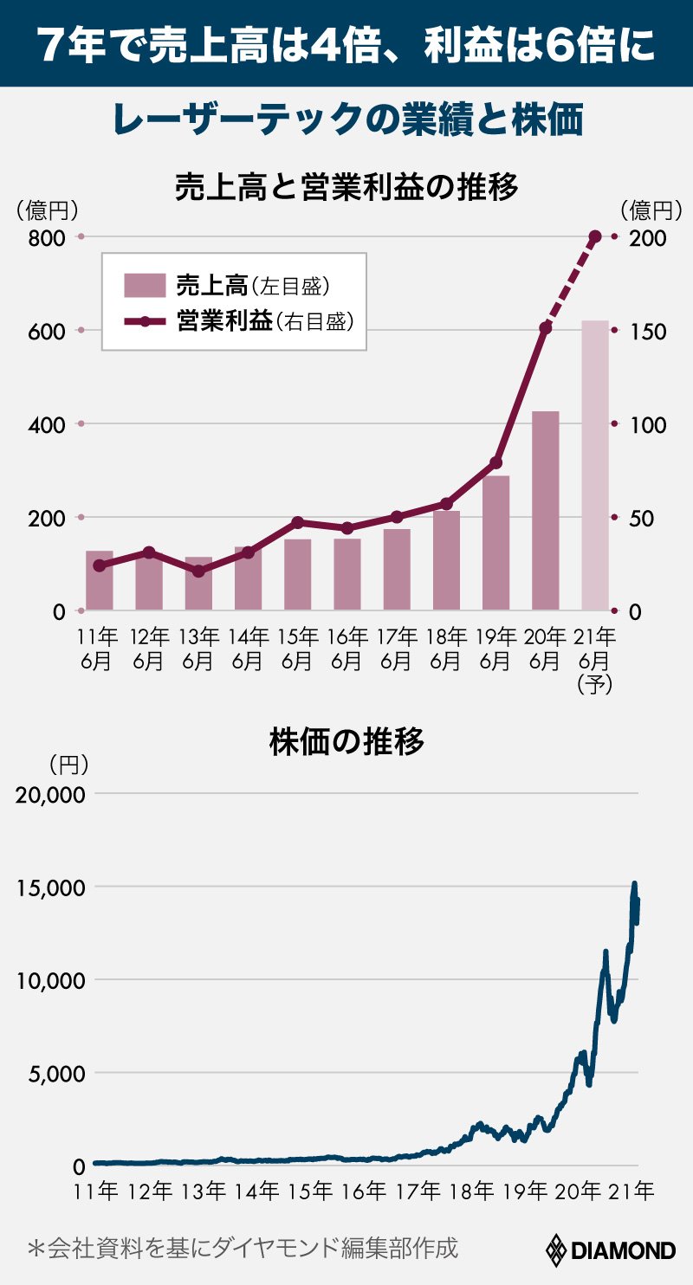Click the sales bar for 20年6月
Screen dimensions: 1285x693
[x=545, y=511]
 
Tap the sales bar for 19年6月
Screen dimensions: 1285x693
[x=495, y=543]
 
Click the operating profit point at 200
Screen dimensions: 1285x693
[x=595, y=236]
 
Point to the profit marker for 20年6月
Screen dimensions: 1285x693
[x=545, y=328]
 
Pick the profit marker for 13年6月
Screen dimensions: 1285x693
[x=198, y=571]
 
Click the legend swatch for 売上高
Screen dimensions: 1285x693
[x=144, y=285]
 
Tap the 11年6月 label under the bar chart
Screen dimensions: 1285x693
[x=99, y=649]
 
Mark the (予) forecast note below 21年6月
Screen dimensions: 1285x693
[x=595, y=684]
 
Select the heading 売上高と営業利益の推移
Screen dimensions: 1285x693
[x=346, y=186]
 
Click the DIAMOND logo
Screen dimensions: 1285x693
[x=612, y=1250]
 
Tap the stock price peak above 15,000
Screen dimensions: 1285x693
[x=634, y=884]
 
